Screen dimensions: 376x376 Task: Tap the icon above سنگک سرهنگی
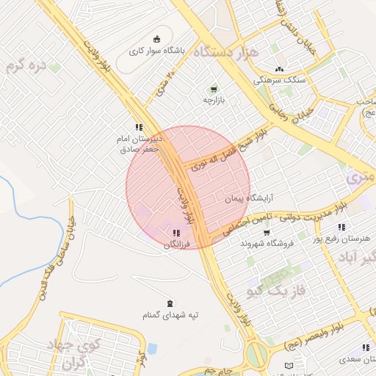(279, 69)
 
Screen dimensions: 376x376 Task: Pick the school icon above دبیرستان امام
(139, 127)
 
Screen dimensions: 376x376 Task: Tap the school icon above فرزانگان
(175, 233)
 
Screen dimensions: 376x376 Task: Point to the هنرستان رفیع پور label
(341, 239)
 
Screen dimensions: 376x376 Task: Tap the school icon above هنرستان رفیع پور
(341, 227)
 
